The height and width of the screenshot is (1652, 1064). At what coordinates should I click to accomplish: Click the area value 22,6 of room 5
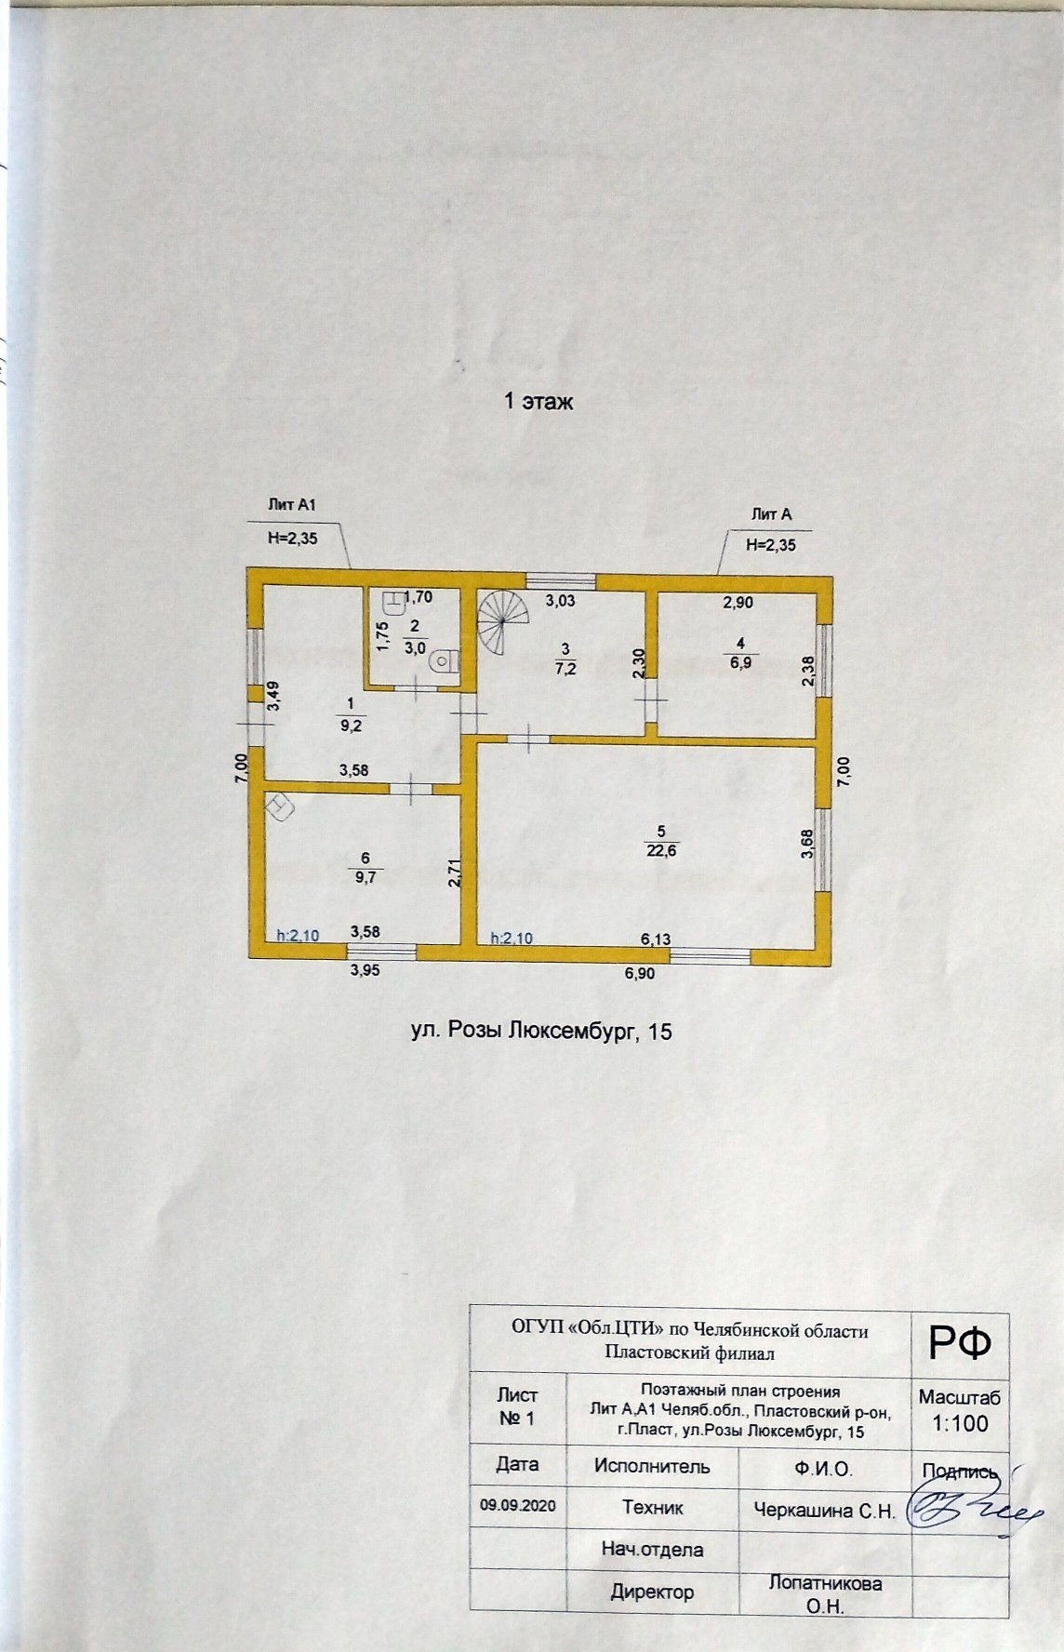660,847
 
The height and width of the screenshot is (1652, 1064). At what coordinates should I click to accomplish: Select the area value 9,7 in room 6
365,877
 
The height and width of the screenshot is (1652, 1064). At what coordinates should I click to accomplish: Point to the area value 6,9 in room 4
740,663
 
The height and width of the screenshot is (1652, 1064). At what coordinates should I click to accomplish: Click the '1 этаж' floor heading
538,403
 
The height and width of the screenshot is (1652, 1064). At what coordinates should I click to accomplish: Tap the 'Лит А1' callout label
292,505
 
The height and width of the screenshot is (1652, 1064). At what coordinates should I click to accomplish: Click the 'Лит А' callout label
771,513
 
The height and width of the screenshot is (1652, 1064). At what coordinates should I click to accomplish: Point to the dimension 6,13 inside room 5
656,939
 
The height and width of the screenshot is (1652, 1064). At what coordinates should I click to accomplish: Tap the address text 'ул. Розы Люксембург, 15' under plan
540,1031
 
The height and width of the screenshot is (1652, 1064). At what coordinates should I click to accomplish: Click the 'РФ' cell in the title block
960,1343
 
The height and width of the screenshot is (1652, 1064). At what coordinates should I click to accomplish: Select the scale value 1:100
960,1423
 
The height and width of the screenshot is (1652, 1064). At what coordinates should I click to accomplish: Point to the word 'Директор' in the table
652,1592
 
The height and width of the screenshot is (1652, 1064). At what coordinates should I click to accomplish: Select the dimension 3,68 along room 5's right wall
807,844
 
